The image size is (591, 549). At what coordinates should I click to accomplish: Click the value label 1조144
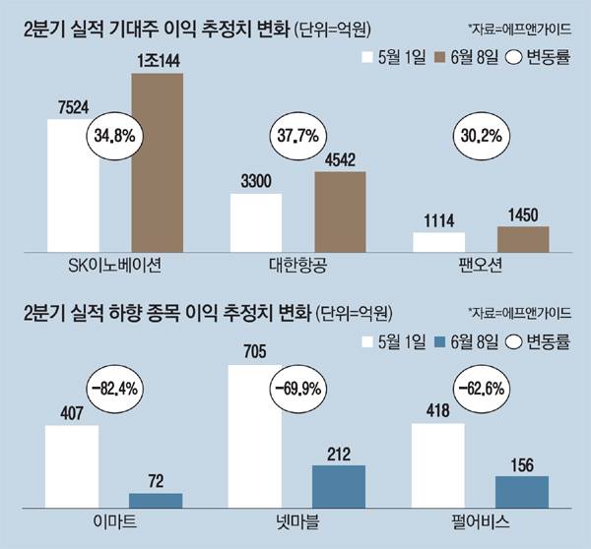pos(158,62)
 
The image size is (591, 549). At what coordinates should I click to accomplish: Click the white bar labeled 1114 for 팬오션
pos(438,243)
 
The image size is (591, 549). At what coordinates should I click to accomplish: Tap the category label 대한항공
pos(298,266)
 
